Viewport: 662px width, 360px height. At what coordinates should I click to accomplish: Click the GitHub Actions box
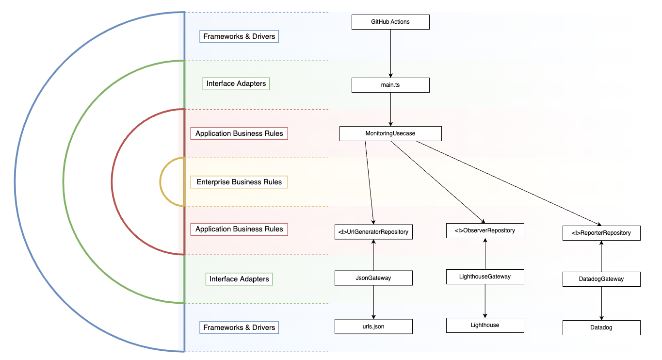(x=390, y=22)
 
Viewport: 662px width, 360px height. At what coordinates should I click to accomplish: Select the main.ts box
(x=390, y=85)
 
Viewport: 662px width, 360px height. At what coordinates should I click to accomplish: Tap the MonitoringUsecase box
(x=390, y=133)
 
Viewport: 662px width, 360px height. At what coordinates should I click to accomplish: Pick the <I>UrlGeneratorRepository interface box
(x=373, y=232)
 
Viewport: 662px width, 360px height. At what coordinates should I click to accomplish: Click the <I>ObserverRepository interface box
(x=485, y=230)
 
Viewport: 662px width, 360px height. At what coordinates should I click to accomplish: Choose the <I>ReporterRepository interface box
(x=601, y=233)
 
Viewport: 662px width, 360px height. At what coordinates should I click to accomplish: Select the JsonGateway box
(x=373, y=278)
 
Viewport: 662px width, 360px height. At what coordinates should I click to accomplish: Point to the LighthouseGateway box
(x=485, y=277)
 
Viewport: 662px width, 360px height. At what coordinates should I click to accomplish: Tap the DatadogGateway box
(x=601, y=279)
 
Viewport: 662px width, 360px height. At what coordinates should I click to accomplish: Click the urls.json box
(x=373, y=327)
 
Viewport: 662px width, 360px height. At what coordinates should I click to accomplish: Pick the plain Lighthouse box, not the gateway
(x=485, y=325)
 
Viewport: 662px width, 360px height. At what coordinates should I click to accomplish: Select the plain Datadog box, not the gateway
(x=601, y=327)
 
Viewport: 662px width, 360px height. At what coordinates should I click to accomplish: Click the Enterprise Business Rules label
(x=239, y=182)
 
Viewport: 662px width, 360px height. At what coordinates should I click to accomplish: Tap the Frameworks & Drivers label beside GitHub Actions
(x=239, y=36)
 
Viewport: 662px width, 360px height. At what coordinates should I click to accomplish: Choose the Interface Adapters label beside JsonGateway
(x=239, y=279)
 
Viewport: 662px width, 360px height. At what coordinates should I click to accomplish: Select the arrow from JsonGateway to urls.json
(x=373, y=302)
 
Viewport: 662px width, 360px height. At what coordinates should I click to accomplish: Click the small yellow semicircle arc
(x=161, y=182)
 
